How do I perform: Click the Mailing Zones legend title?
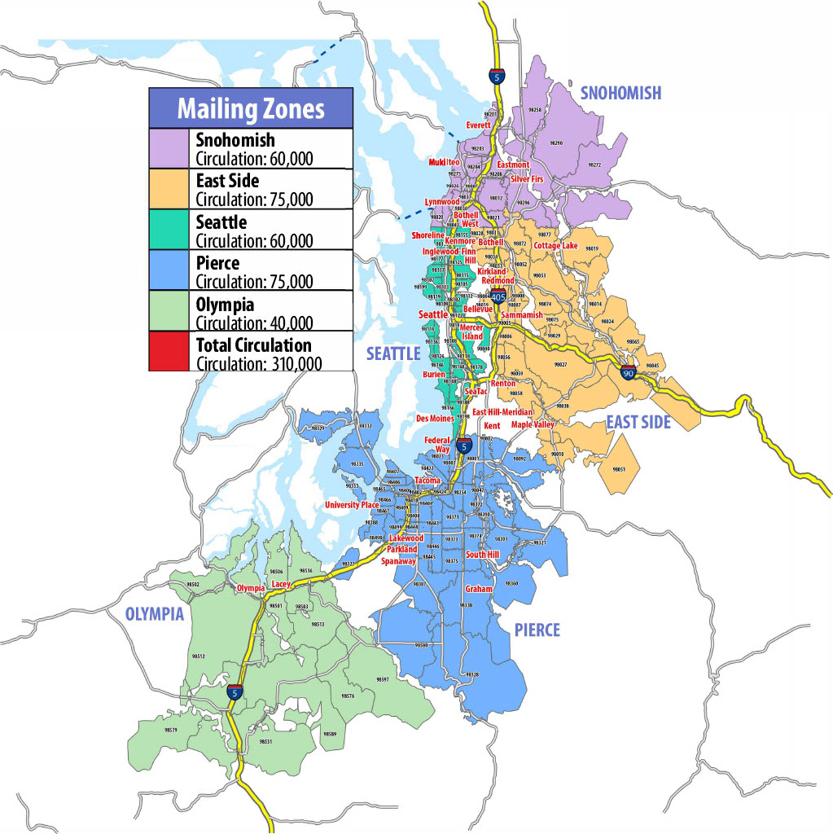tap(251, 108)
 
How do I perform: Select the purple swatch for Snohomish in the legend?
tap(169, 148)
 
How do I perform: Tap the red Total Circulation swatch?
tap(169, 351)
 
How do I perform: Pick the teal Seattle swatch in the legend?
tap(169, 229)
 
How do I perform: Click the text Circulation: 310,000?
tap(259, 362)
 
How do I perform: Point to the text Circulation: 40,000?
tap(254, 322)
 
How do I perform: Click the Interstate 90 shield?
tap(628, 372)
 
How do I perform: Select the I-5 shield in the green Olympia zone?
tap(235, 692)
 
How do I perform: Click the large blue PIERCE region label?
tap(537, 630)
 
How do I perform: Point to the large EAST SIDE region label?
tap(638, 422)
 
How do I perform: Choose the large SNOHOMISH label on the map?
tap(620, 94)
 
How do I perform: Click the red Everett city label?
tap(478, 125)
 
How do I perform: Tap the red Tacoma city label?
tap(427, 481)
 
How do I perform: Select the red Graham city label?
tap(479, 589)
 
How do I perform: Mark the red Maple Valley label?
tap(532, 424)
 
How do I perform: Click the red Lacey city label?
tap(282, 584)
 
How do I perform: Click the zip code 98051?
tap(618, 470)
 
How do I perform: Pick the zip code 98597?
tap(383, 679)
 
